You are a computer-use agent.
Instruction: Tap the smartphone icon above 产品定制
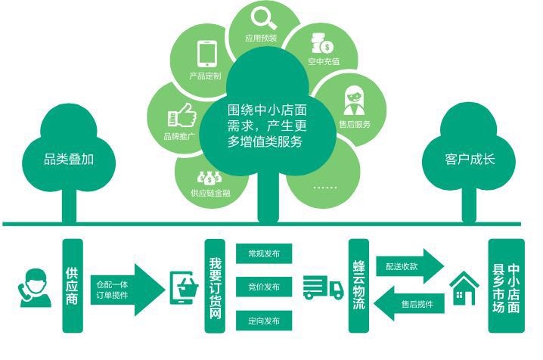[206, 53]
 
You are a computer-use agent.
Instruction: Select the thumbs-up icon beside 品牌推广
[181, 115]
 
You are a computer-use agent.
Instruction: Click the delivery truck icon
[323, 287]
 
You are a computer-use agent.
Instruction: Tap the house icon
[464, 288]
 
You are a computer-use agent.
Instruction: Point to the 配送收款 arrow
[409, 266]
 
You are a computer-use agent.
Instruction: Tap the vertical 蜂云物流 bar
[358, 286]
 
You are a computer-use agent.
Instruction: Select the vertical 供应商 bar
[73, 286]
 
